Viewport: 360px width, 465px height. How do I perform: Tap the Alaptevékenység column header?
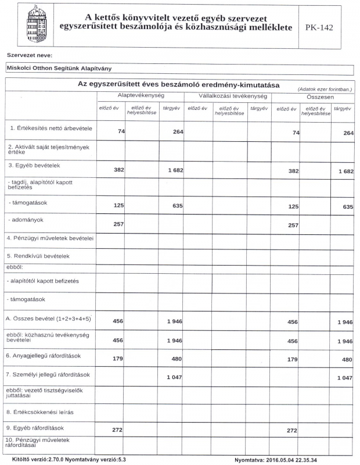click(x=141, y=95)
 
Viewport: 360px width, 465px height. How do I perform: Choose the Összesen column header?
click(x=314, y=97)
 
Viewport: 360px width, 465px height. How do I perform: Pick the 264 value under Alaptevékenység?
click(x=178, y=133)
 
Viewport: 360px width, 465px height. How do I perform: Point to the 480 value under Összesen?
click(x=347, y=360)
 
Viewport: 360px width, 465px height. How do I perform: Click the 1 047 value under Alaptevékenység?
click(x=175, y=378)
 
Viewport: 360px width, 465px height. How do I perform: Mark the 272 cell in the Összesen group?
click(x=291, y=431)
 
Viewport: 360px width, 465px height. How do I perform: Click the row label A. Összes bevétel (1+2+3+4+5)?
click(x=49, y=319)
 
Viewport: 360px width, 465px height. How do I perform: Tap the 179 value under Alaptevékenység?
click(x=117, y=360)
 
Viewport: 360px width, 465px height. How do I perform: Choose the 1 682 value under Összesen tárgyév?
click(x=344, y=171)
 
